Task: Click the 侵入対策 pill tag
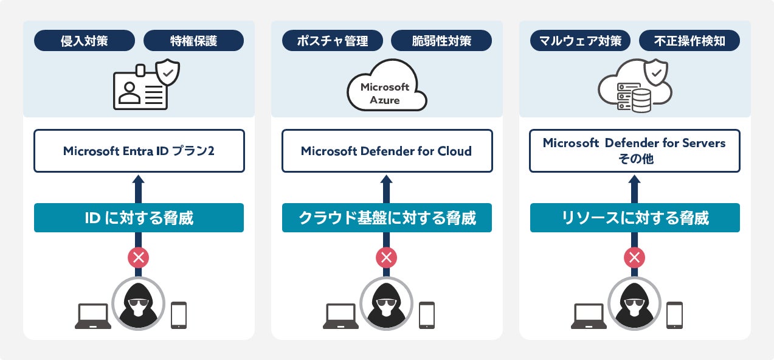tap(85, 41)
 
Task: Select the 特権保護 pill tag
tap(193, 41)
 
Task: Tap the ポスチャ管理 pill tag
tap(333, 41)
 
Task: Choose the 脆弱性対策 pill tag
tap(441, 41)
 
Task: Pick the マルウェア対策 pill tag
tap(581, 41)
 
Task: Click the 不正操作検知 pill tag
tap(689, 41)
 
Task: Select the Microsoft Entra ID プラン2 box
tap(139, 151)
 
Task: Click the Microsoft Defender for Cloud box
tap(387, 151)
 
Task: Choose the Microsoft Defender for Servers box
tap(634, 151)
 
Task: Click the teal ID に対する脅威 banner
tap(139, 218)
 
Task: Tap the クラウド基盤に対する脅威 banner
tap(387, 218)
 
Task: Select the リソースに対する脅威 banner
tap(634, 218)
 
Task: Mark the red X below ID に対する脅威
tap(139, 257)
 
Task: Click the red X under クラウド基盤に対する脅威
tap(387, 257)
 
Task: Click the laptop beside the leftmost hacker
tap(93, 316)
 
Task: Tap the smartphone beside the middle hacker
tap(427, 315)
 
